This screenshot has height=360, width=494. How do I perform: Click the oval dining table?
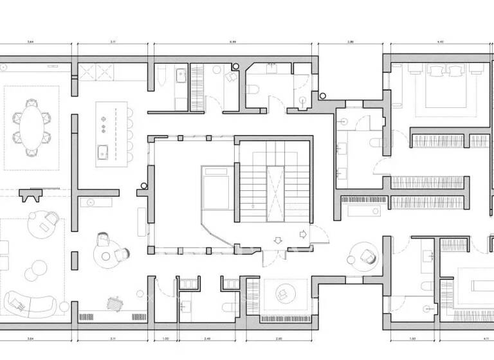point(30,126)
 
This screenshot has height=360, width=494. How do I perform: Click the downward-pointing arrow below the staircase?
point(277,240)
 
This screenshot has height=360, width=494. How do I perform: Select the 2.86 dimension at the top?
point(351,41)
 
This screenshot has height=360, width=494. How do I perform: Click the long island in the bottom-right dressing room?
point(479,285)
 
